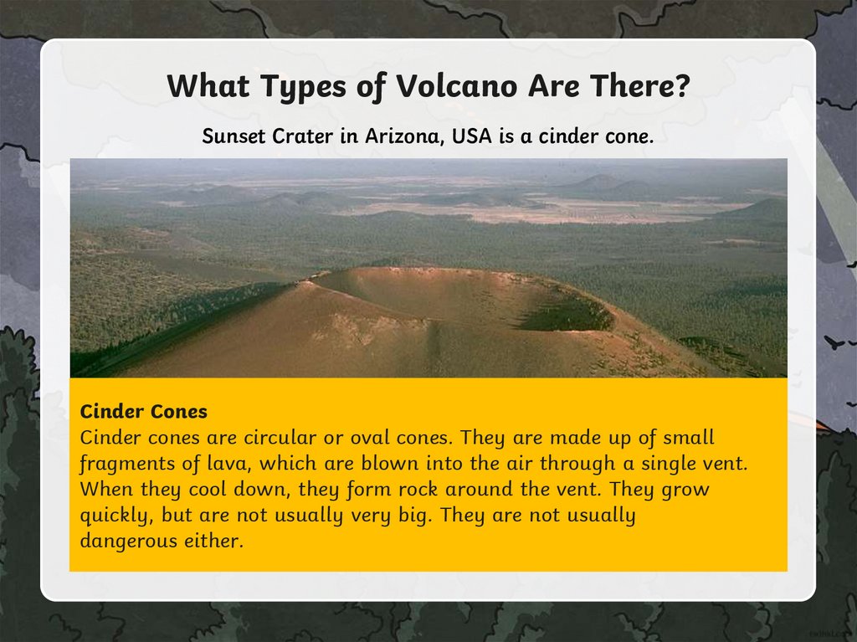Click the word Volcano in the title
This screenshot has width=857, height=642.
click(456, 86)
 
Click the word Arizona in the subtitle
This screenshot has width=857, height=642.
click(404, 136)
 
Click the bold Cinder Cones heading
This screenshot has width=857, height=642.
click(144, 411)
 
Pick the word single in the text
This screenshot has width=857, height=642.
click(668, 465)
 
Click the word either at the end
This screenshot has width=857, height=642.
click(213, 541)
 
